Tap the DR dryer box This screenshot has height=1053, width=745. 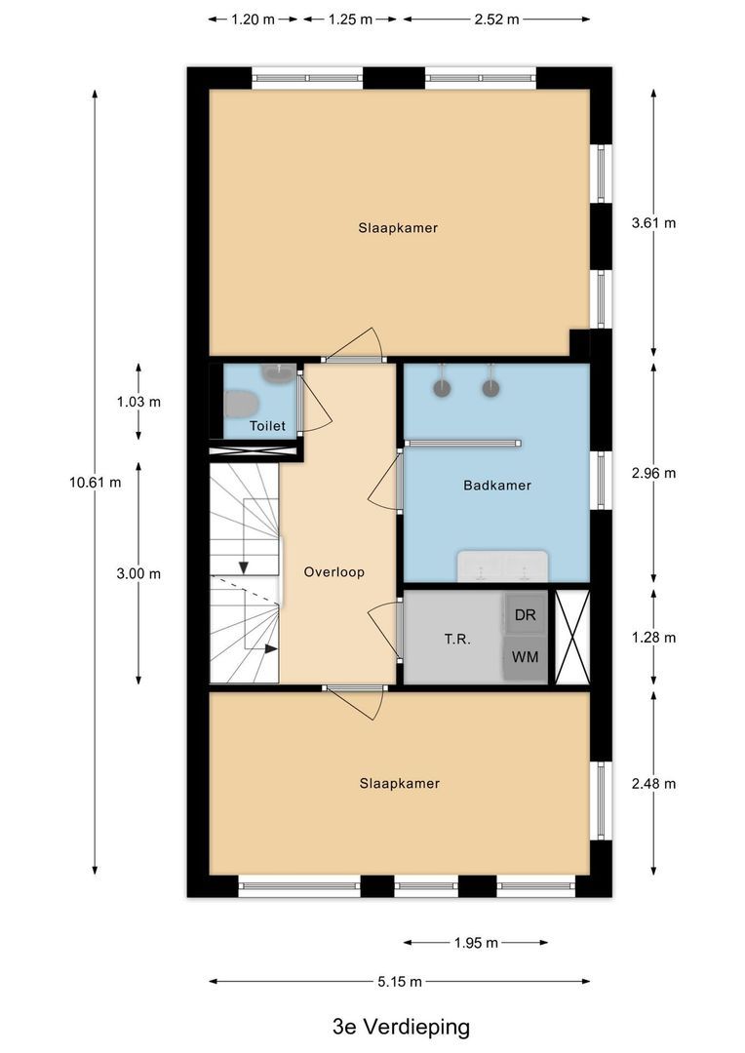(525, 615)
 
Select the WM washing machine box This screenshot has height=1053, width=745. (525, 657)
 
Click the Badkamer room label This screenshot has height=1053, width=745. (497, 485)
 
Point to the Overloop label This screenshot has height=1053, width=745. (333, 572)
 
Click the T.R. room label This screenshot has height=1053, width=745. (457, 640)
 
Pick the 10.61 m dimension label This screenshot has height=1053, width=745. (95, 482)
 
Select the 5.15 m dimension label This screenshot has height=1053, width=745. (400, 981)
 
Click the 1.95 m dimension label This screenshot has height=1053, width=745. (475, 942)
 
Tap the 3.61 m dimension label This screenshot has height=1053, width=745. (653, 222)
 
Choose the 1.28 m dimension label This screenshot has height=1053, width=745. (653, 638)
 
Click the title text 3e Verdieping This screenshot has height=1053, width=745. (401, 1026)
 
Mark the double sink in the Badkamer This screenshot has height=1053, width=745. (503, 565)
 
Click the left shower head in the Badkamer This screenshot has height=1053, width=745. (443, 387)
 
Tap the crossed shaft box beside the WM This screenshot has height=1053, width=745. (571, 637)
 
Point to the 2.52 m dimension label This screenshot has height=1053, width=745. (496, 19)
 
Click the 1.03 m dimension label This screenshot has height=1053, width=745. (137, 402)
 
